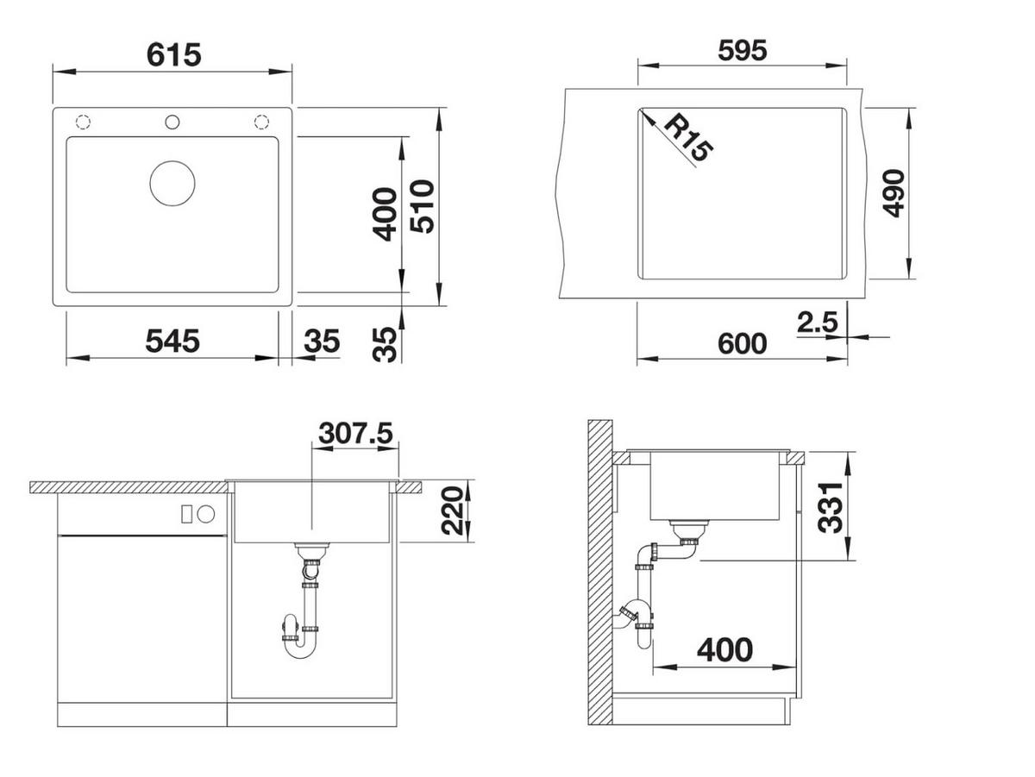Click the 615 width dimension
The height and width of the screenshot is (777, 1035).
point(174,54)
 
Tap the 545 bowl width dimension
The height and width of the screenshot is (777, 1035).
point(172,341)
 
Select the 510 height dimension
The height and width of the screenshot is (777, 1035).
point(422,206)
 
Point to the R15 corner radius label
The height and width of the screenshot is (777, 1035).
point(688,138)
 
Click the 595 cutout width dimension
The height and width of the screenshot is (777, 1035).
point(743,50)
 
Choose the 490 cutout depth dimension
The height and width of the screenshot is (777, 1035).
point(894,193)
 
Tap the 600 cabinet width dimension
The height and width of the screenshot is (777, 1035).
point(743,344)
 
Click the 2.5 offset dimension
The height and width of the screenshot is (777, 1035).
point(817,323)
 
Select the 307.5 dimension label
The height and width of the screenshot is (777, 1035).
point(355,433)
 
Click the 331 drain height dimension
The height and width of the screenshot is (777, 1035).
point(830,507)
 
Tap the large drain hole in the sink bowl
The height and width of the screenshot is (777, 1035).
point(172,184)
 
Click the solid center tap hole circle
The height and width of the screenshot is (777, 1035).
point(172,122)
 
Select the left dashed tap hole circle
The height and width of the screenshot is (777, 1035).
point(83,122)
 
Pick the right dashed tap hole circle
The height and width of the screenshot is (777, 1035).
point(261,122)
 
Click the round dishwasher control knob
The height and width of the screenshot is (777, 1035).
point(206,514)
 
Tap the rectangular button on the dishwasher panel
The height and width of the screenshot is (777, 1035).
point(186,514)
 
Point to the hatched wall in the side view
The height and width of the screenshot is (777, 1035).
point(599,572)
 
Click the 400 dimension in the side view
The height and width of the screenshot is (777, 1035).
point(724,650)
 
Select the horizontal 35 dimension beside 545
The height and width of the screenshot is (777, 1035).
point(322,341)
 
